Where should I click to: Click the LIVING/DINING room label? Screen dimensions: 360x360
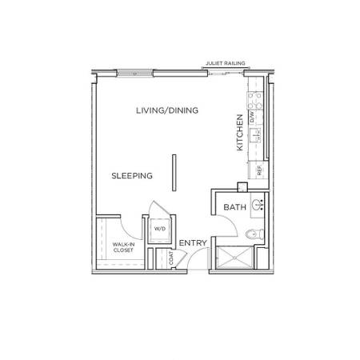pyautogui.click(x=167, y=110)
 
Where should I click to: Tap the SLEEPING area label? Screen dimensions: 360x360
pyautogui.click(x=132, y=176)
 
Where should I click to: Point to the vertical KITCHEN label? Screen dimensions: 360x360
pyautogui.click(x=240, y=133)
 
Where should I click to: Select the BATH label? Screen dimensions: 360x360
pyautogui.click(x=234, y=207)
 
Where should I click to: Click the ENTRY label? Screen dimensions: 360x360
pyautogui.click(x=193, y=243)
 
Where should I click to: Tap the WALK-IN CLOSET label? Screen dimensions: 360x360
pyautogui.click(x=123, y=247)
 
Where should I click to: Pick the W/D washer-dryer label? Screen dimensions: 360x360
pyautogui.click(x=160, y=229)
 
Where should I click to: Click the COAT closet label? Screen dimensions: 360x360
pyautogui.click(x=171, y=258)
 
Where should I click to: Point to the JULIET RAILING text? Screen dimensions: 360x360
pyautogui.click(x=226, y=63)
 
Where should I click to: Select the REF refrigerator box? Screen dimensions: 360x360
pyautogui.click(x=258, y=170)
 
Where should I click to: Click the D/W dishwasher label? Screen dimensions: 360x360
pyautogui.click(x=252, y=117)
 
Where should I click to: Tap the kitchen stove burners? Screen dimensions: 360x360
pyautogui.click(x=255, y=101)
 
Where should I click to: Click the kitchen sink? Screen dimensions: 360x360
pyautogui.click(x=255, y=135)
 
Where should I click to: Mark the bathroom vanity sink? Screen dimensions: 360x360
pyautogui.click(x=258, y=205)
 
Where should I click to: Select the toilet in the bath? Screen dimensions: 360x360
pyautogui.click(x=254, y=234)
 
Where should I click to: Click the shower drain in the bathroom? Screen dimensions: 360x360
pyautogui.click(x=234, y=258)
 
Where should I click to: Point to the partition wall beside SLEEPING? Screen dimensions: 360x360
pyautogui.click(x=174, y=173)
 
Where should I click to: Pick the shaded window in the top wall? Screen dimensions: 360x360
pyautogui.click(x=135, y=73)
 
